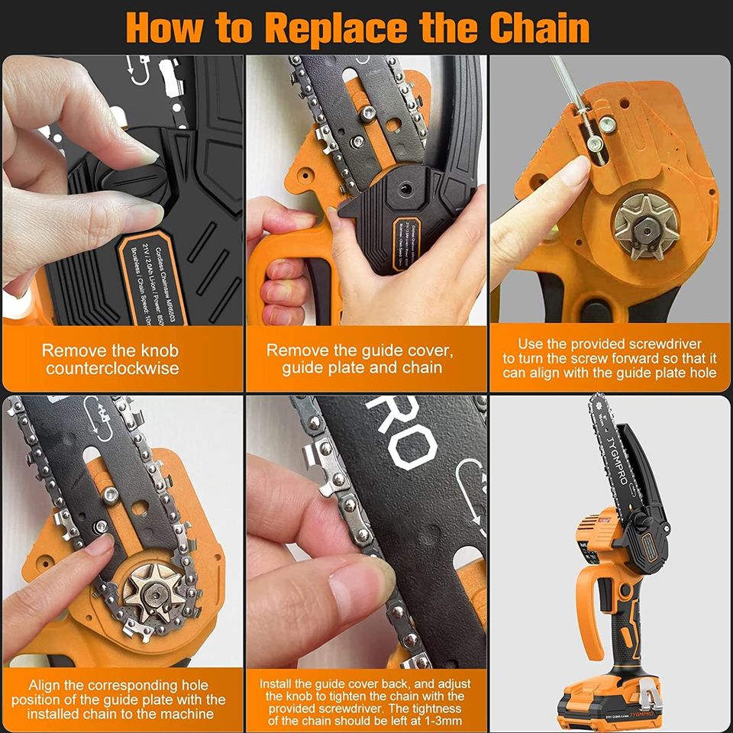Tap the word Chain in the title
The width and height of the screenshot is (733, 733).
click(539, 28)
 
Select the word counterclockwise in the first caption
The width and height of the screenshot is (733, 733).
click(111, 369)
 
